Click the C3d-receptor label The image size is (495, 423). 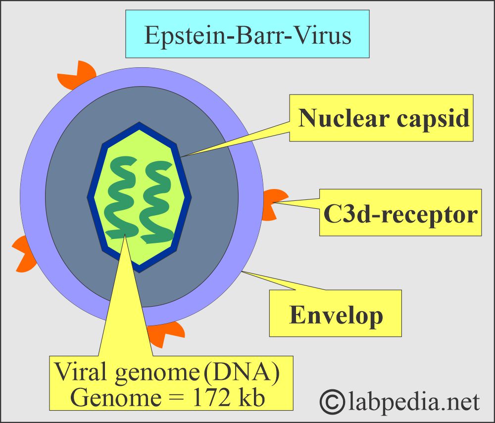(400, 214)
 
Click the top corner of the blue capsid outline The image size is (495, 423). (140, 125)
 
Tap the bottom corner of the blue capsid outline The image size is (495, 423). (140, 270)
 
